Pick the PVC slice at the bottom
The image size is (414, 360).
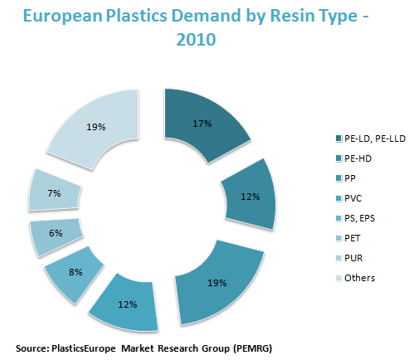pos(126,304)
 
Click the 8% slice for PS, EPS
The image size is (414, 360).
pos(75,273)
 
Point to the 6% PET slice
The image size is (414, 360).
pos(56,235)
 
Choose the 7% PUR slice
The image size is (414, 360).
pos(54,192)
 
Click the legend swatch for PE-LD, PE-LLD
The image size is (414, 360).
pos(339,139)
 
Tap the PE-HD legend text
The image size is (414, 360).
pos(358,158)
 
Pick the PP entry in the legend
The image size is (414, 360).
pos(350,178)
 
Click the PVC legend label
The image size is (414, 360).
pos(353,198)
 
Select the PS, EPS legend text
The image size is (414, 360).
pos(359,218)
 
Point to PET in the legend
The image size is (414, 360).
pos(352,238)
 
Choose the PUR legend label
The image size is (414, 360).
pos(353,258)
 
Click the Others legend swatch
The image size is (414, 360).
pos(339,278)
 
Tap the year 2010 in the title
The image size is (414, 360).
pos(196,39)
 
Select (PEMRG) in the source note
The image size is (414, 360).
pos(252,348)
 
